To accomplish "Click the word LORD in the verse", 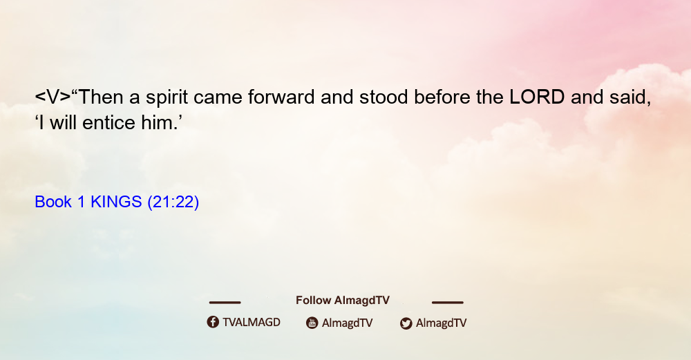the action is pos(537,97).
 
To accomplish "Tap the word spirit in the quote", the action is pos(167,98).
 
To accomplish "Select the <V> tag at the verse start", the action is pos(53,97).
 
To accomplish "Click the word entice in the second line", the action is pos(109,122).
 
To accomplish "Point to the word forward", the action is pos(281,97).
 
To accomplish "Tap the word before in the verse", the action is pos(442,97).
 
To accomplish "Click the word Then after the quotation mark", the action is pos(101,97).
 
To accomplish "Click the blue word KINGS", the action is pos(116,202).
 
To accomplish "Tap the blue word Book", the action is pos(53,202).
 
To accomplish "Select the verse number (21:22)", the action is pos(173,202).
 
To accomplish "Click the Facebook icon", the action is pos(213,322).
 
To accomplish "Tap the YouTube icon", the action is pos(312,323).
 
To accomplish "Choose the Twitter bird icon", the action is pos(406,323).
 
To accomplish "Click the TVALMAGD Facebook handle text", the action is pos(252,323).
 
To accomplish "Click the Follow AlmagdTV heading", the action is pos(343,300).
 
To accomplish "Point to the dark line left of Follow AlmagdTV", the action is pos(225,302).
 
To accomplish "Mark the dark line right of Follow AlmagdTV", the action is pos(448,302).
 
